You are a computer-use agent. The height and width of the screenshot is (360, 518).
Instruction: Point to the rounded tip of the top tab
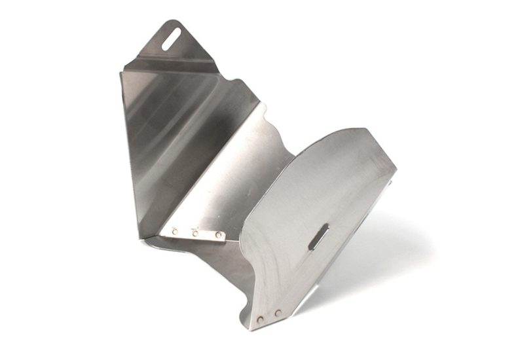(x=174, y=24)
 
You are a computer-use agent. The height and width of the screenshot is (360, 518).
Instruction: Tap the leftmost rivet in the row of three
(x=175, y=230)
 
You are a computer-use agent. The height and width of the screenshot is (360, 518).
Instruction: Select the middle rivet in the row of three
(x=195, y=232)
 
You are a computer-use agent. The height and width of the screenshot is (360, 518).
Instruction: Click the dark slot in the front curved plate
(x=319, y=236)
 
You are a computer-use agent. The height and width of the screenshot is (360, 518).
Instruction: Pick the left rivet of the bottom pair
(x=261, y=319)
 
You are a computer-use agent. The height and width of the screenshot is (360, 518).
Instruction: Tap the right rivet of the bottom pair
(x=278, y=314)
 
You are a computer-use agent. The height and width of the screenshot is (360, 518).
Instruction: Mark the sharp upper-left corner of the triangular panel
(x=121, y=71)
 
